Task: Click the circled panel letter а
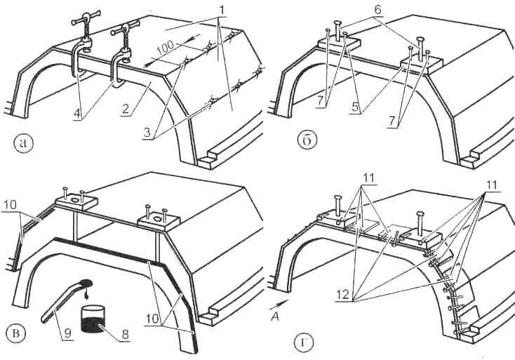[x=23, y=144]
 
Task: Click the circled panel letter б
[x=307, y=140]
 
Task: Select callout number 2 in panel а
[x=125, y=108]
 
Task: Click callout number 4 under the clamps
[x=78, y=114]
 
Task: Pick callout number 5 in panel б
[x=356, y=107]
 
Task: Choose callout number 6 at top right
[x=377, y=10]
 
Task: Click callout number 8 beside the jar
[x=125, y=334]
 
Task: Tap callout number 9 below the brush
[x=67, y=334]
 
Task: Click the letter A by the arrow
[x=276, y=316]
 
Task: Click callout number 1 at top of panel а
[x=222, y=11]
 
